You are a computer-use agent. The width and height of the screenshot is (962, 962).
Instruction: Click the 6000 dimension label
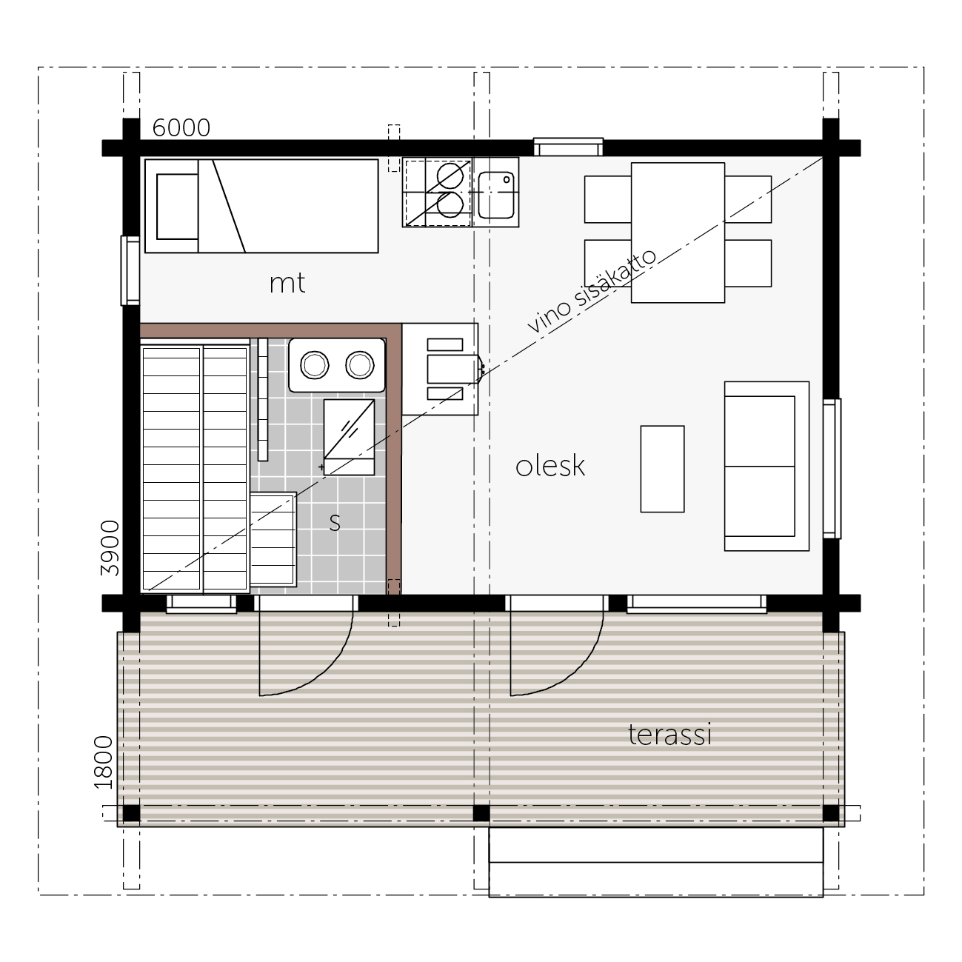pyautogui.click(x=181, y=128)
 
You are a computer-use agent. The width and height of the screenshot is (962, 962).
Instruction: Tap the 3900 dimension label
pyautogui.click(x=110, y=547)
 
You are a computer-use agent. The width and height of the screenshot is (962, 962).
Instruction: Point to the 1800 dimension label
pyautogui.click(x=104, y=762)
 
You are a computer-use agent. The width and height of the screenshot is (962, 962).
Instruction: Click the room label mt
pyautogui.click(x=287, y=283)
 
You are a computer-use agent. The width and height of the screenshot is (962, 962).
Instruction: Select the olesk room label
pyautogui.click(x=550, y=466)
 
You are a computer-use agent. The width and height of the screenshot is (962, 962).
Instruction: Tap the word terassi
pyautogui.click(x=669, y=735)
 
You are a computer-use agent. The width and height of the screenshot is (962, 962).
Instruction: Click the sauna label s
pyautogui.click(x=335, y=522)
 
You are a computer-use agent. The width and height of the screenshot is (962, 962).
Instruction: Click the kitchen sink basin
pyautogui.click(x=495, y=196)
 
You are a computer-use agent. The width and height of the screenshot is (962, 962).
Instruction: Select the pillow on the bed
pyautogui.click(x=177, y=207)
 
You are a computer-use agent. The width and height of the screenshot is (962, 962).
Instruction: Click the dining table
pyautogui.click(x=678, y=233)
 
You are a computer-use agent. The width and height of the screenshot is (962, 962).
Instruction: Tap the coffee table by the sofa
pyautogui.click(x=662, y=469)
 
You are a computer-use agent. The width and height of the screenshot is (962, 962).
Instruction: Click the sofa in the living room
pyautogui.click(x=766, y=467)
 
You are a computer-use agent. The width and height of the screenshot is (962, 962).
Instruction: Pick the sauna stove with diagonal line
pyautogui.click(x=349, y=437)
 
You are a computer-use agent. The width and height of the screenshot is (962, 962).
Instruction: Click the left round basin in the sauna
pyautogui.click(x=315, y=365)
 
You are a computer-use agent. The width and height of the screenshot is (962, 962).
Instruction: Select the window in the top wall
pyautogui.click(x=568, y=147)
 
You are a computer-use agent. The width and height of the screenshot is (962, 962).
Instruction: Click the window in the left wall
pyautogui.click(x=130, y=270)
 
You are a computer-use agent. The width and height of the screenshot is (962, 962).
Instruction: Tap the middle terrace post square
pyautogui.click(x=481, y=812)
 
